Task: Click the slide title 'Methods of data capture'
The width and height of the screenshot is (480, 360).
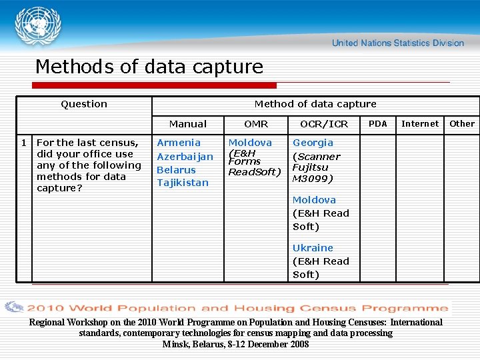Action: tap(149, 67)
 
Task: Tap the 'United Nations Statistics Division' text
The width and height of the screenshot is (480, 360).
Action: tap(397, 43)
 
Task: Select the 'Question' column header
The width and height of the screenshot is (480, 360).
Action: tap(84, 104)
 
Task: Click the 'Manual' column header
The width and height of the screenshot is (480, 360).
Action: tap(188, 124)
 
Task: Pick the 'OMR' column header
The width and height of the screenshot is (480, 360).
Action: tap(256, 124)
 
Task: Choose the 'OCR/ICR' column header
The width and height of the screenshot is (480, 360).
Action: tap(324, 124)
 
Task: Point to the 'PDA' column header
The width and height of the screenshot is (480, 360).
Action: tap(378, 124)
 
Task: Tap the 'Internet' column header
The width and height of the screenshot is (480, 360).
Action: tap(420, 124)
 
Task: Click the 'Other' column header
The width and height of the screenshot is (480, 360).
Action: tap(462, 124)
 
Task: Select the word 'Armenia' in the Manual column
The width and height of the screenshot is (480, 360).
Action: tap(179, 143)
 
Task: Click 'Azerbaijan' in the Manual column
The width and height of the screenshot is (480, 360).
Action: tap(185, 157)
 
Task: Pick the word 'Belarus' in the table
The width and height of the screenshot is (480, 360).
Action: tap(176, 170)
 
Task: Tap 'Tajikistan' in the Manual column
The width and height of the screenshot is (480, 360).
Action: tap(183, 183)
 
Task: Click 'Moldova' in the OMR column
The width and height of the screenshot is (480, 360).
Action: tap(250, 143)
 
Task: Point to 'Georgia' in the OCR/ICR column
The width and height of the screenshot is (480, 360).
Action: tap(313, 143)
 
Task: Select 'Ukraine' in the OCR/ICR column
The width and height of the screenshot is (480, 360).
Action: tap(313, 248)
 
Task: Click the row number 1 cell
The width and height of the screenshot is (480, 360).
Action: tap(24, 143)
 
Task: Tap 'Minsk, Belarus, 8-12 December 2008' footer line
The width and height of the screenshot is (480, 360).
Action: tap(236, 344)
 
